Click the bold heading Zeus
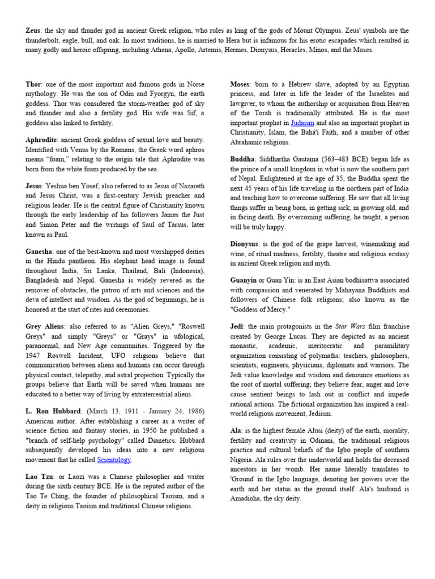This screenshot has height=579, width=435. (35, 30)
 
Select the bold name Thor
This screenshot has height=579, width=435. (34, 84)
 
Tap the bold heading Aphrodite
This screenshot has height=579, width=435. (43, 140)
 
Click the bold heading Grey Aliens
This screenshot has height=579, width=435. (45, 326)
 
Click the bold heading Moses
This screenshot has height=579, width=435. (241, 84)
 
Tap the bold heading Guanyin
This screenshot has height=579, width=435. (244, 279)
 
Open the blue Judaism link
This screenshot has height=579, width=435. (302, 123)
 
